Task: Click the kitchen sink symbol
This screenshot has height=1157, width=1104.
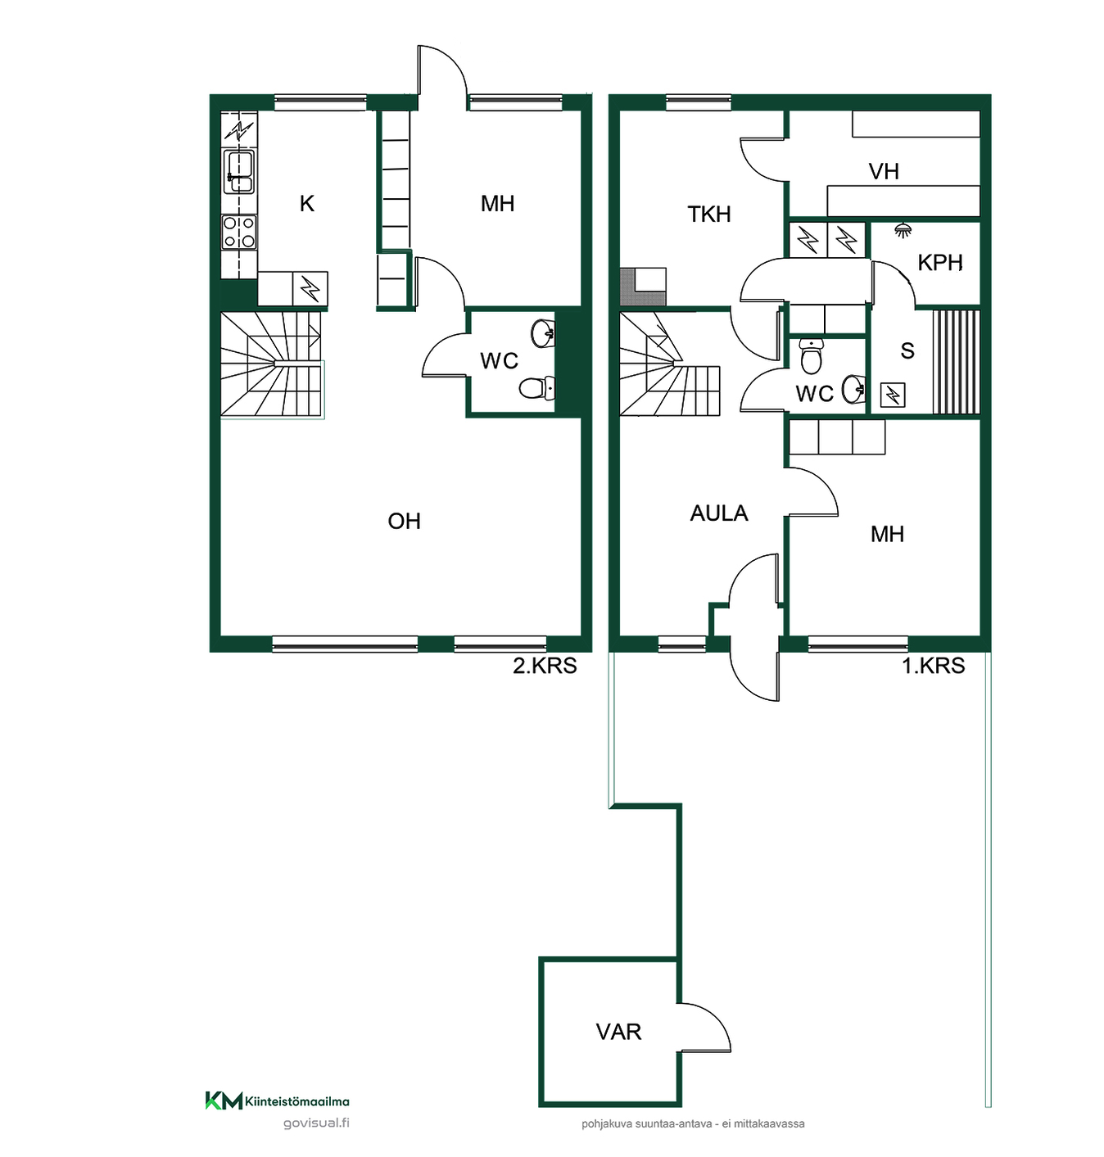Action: tap(239, 171)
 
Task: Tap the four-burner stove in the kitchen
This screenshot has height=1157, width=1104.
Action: tap(239, 232)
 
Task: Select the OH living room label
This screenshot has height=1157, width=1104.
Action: tap(404, 522)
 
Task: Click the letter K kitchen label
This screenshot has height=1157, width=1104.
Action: tap(307, 204)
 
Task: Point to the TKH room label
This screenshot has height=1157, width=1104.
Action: tap(709, 215)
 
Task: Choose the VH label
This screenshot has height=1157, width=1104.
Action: tap(884, 172)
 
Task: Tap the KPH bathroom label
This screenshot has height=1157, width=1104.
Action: tap(939, 263)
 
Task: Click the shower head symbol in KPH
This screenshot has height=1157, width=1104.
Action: tap(901, 230)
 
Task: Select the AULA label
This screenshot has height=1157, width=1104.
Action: tap(719, 513)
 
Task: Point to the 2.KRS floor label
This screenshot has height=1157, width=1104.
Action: tap(545, 666)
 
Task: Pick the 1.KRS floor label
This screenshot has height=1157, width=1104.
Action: tap(934, 666)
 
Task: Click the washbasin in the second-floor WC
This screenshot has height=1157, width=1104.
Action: tap(543, 334)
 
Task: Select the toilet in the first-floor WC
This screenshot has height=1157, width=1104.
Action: tap(812, 357)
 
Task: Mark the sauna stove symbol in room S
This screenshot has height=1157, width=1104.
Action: tap(893, 395)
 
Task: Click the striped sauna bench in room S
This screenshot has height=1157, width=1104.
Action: tap(957, 363)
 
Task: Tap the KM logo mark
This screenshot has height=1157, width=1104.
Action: tap(224, 1101)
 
